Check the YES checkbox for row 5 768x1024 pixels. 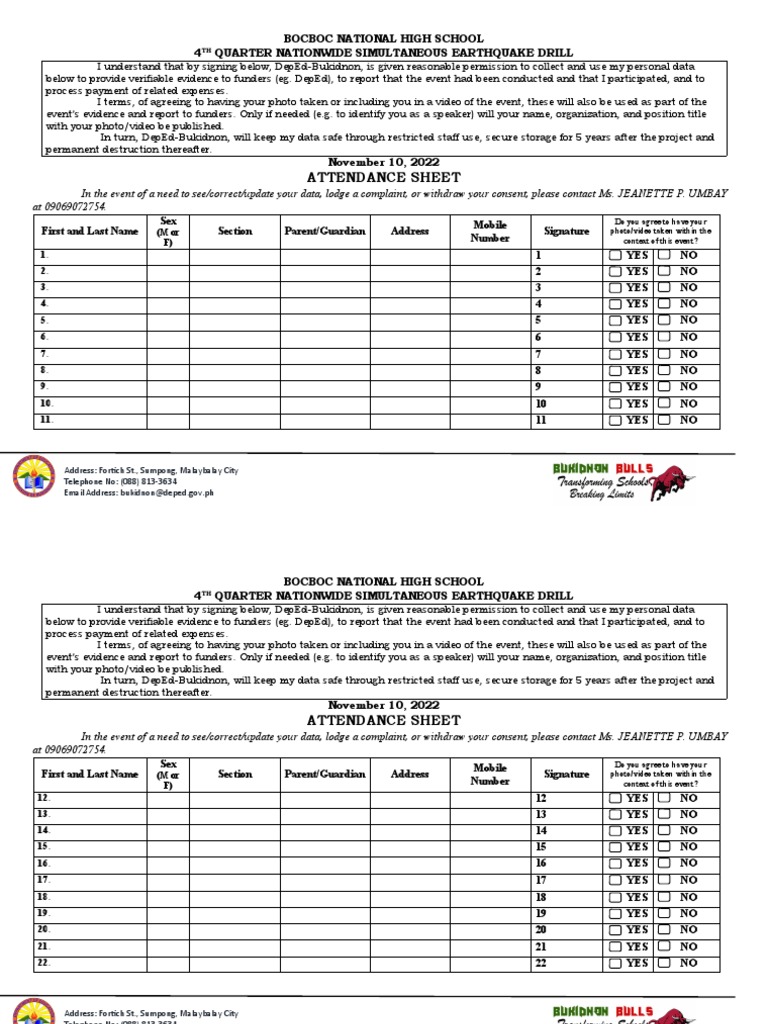pos(615,321)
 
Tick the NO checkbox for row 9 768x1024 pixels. pos(664,387)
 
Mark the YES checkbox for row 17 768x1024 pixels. pos(615,881)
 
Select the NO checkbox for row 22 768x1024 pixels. pos(664,963)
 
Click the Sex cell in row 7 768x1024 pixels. pos(168,354)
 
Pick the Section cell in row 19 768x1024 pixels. pos(235,914)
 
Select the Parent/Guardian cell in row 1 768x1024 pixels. pos(325,255)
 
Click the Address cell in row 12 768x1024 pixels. pos(410,798)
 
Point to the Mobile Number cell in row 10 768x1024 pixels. pos(490,404)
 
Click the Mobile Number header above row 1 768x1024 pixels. pos(490,231)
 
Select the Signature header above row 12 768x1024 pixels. pos(567,774)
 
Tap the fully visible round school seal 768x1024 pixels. pos(35,476)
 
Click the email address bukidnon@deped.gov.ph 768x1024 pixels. pos(139,493)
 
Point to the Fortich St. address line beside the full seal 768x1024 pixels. pos(151,470)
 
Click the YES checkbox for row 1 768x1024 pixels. pos(615,255)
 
